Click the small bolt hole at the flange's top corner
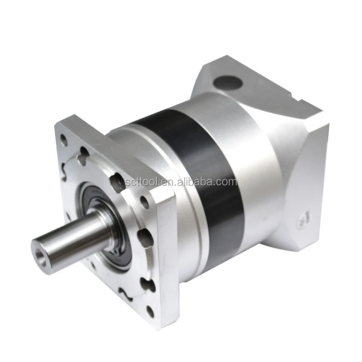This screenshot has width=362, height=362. pyautogui.click(x=63, y=139)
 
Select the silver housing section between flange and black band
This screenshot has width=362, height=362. pyautogui.click(x=149, y=149)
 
